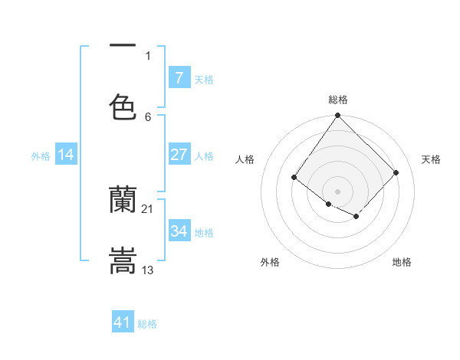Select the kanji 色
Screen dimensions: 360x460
[123, 107]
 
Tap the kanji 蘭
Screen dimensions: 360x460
[123, 201]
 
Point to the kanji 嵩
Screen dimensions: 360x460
[123, 260]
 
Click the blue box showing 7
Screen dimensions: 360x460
[179, 77]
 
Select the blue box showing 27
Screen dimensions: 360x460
[179, 155]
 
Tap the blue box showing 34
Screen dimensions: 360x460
[179, 231]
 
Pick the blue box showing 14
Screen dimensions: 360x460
[66, 155]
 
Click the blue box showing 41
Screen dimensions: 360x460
[123, 323]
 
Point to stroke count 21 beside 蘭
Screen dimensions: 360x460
[148, 208]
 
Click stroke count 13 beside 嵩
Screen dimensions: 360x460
[148, 270]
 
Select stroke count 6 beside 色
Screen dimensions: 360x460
[148, 116]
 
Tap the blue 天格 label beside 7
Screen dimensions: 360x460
[204, 79]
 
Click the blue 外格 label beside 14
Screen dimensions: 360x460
[41, 156]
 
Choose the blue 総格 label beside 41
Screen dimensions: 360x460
[147, 324]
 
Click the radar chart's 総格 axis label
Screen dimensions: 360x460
[338, 100]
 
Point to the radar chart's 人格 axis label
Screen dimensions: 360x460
[245, 159]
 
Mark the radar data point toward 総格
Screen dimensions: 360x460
[337, 115]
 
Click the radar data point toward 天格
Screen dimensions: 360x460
[396, 172]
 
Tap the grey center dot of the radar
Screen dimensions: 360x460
[337, 191]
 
